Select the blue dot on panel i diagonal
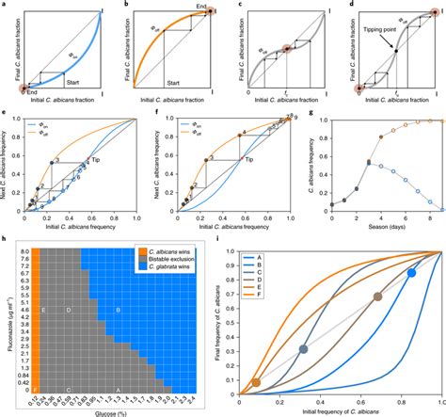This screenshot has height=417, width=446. (x=411, y=273)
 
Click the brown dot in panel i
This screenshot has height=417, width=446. (x=378, y=297)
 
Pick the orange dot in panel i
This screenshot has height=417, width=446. (x=257, y=383)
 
